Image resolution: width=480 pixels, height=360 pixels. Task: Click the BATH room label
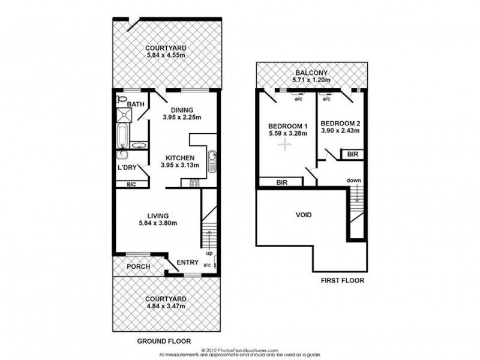coord(136,104)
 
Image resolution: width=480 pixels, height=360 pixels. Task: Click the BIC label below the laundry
coord(131,185)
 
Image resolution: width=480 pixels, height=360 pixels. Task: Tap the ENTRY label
coord(188,262)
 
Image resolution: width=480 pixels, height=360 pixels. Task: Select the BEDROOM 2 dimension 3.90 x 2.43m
coord(340,130)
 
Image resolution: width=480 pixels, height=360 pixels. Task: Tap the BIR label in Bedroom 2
coord(352,154)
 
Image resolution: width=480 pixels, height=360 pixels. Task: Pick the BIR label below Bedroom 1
coord(281,182)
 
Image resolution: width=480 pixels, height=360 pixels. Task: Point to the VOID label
coord(303,214)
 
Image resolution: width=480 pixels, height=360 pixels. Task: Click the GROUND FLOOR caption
coord(163,341)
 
